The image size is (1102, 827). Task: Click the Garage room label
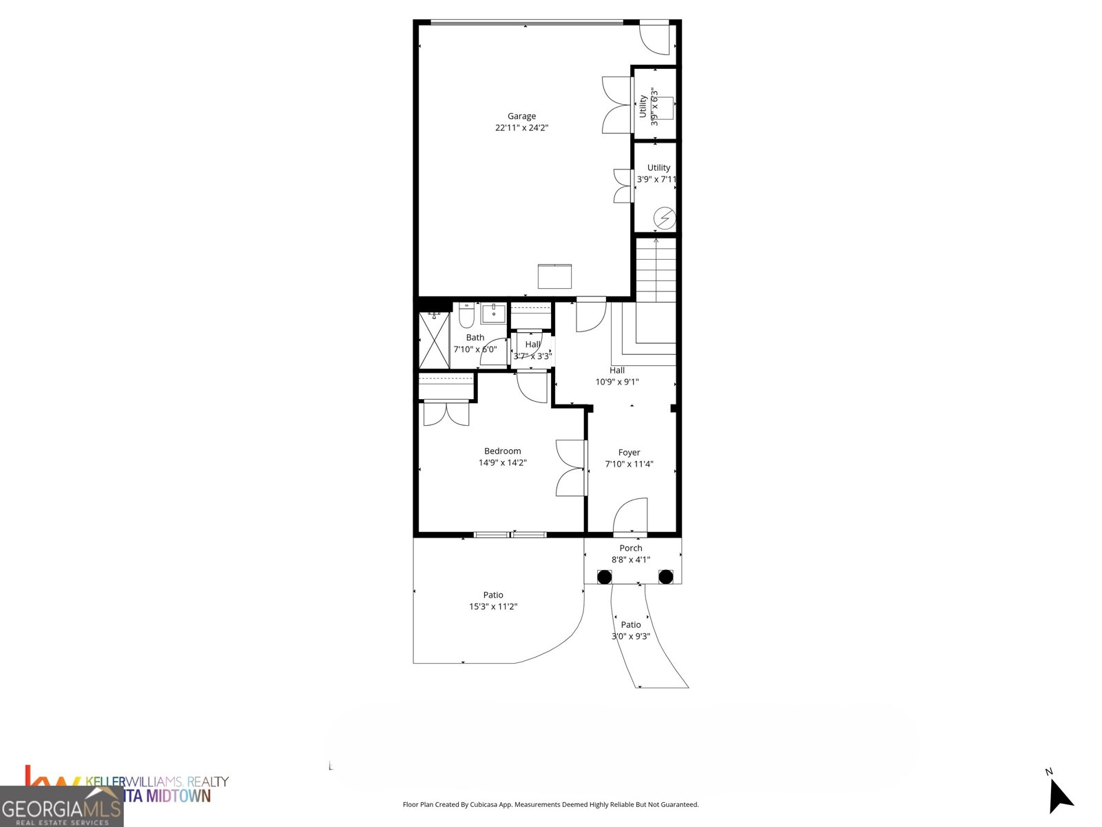(x=521, y=116)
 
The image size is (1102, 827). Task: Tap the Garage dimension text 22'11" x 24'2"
(x=521, y=128)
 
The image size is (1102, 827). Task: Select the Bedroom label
(x=502, y=451)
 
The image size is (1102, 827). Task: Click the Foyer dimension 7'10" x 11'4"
(x=629, y=464)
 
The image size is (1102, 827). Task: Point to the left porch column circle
(x=603, y=577)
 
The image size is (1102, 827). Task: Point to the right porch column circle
(x=665, y=577)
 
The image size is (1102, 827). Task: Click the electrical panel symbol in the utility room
(x=665, y=218)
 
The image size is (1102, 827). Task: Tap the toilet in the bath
(x=466, y=317)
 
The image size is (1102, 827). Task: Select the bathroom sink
(x=494, y=314)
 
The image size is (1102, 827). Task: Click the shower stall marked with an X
(x=434, y=341)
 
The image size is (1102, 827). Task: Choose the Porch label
(x=630, y=549)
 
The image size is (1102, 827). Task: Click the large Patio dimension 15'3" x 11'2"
(x=493, y=607)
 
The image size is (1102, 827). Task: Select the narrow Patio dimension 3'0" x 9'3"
(x=630, y=637)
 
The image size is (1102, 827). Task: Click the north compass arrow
(x=1059, y=796)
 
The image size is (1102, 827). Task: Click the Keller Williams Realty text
(x=157, y=782)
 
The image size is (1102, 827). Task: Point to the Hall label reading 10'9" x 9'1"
(x=617, y=382)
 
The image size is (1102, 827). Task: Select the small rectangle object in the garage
(x=554, y=276)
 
